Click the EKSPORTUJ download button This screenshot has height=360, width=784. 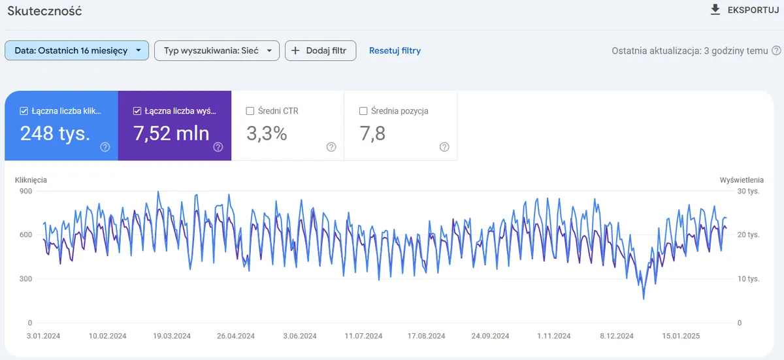(x=743, y=10)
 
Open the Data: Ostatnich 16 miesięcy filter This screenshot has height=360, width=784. (x=76, y=50)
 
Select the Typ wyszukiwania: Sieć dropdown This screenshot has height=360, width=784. (x=217, y=50)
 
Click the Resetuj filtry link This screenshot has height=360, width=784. (x=395, y=50)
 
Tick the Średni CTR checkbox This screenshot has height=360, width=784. (x=250, y=111)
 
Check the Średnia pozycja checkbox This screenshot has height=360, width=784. (x=363, y=111)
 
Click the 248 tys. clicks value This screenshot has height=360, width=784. (x=55, y=133)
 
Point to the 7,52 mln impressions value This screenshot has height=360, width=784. (x=171, y=133)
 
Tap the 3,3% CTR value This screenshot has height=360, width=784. (x=267, y=133)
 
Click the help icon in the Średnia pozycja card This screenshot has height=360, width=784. (x=444, y=147)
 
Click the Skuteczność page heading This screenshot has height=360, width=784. (x=44, y=11)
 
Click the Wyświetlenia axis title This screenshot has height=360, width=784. (x=742, y=180)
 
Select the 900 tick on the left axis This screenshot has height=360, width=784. (x=25, y=191)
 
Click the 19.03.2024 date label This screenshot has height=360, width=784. (x=172, y=336)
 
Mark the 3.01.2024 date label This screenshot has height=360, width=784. (x=44, y=336)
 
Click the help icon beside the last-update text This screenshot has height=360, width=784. (x=776, y=50)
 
